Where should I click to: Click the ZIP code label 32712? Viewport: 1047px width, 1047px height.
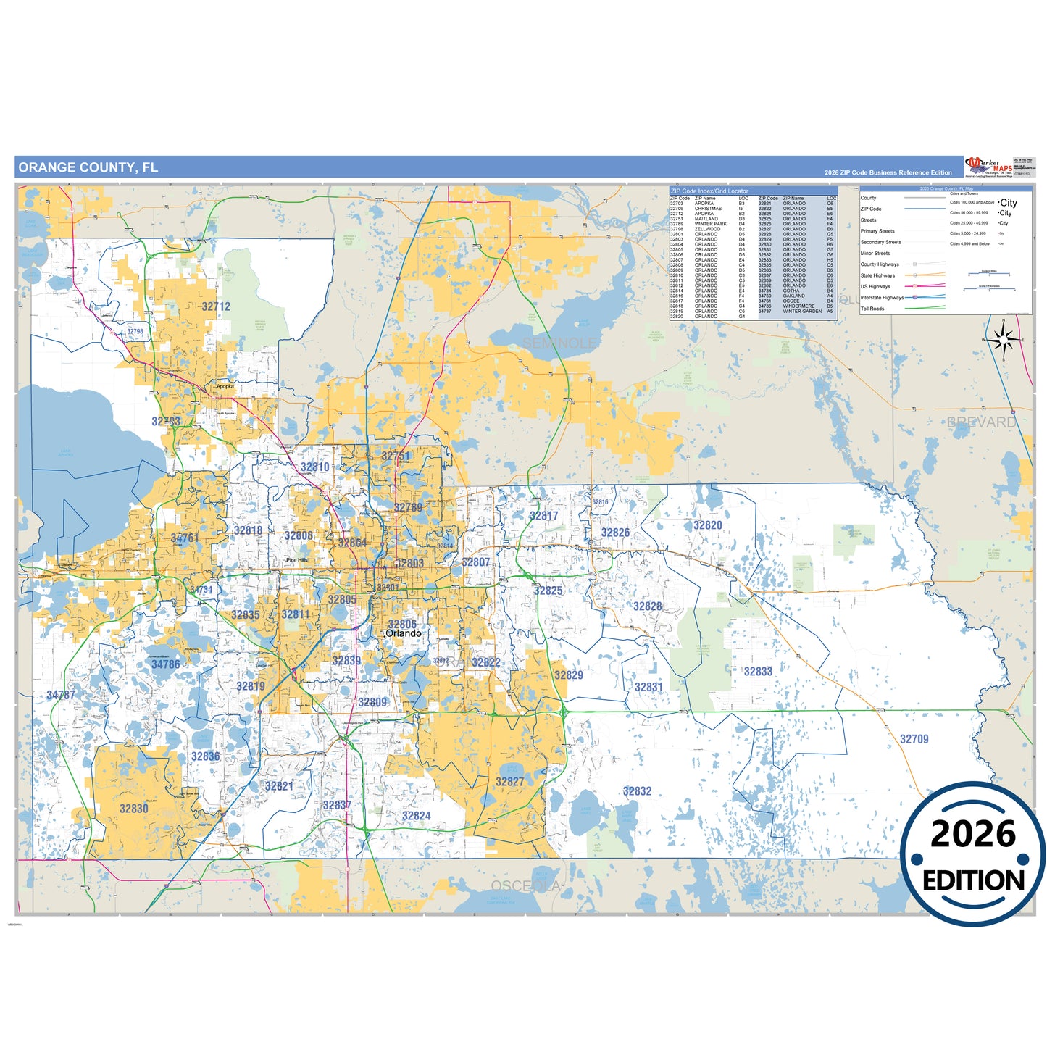point(216,306)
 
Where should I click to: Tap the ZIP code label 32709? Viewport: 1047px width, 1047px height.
point(914,739)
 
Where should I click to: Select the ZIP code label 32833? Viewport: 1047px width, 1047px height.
point(758,672)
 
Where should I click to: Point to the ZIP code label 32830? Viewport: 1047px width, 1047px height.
point(134,809)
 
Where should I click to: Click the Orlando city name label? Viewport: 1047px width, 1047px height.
point(403,633)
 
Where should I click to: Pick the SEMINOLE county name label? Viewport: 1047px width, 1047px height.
point(559,343)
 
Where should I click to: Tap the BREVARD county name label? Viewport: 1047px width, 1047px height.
point(981,422)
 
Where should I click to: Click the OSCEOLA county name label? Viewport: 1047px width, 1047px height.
point(525,886)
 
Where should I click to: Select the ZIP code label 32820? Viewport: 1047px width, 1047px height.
point(707,525)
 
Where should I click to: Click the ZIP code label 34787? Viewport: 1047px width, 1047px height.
point(61,695)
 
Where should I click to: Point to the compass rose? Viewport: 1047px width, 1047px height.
point(1004,338)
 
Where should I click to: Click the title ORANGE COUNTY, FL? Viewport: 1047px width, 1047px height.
point(88,167)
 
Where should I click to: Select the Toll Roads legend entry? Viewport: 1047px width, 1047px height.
point(872,309)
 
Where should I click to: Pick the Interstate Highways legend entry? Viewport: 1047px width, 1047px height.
point(882,298)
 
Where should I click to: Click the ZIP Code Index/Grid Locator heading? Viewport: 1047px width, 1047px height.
point(709,191)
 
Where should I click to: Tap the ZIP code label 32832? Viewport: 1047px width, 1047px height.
point(637,791)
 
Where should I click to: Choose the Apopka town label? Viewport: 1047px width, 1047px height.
point(225,386)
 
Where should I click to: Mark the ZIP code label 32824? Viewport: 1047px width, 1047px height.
point(417,816)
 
